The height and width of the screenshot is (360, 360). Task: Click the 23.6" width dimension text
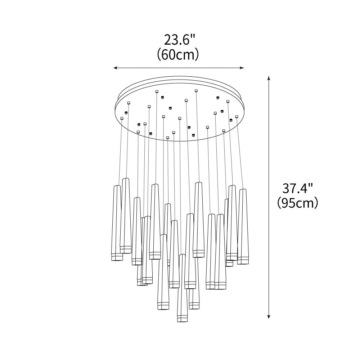click(x=179, y=40)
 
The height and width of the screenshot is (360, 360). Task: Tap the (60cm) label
click(x=178, y=55)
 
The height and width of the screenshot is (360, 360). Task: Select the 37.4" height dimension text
click(x=298, y=189)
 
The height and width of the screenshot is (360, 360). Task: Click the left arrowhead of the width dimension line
click(x=116, y=68)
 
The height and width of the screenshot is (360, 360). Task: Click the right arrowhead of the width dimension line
click(x=242, y=68)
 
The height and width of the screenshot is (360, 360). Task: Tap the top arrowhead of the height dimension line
click(x=269, y=78)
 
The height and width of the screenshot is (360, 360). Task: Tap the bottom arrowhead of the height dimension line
click(x=269, y=317)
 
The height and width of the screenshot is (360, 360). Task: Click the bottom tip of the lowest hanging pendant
click(x=182, y=321)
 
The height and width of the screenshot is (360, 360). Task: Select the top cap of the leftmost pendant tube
click(x=117, y=186)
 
